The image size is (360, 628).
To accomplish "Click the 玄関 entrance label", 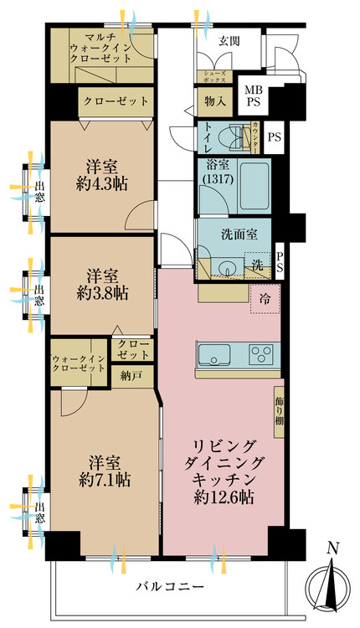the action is (x=229, y=42).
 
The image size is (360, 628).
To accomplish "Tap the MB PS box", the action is (x=253, y=95).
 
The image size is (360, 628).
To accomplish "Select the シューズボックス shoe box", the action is (x=215, y=77).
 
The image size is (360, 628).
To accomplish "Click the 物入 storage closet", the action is (x=213, y=101).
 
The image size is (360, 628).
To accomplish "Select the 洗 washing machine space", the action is (x=258, y=265).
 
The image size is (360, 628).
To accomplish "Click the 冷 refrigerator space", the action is (x=265, y=298).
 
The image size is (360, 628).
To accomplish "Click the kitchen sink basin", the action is (x=214, y=354).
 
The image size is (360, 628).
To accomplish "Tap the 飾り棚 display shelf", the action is (x=279, y=412).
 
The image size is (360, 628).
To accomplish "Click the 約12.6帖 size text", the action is (x=224, y=497).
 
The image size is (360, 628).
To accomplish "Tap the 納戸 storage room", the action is (x=131, y=376).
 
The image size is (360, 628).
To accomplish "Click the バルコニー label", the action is (x=170, y=587).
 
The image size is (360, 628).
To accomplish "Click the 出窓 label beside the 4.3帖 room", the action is (x=39, y=192).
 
